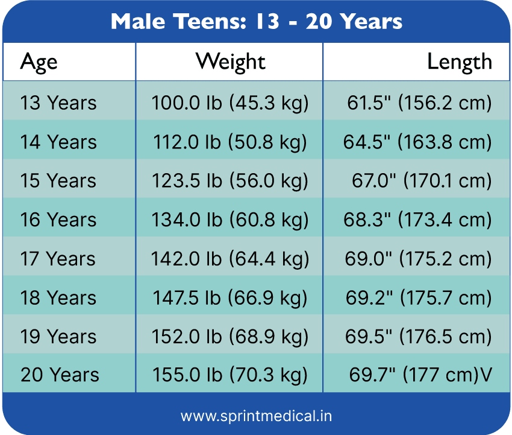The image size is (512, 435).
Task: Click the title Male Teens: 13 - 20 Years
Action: tap(257, 22)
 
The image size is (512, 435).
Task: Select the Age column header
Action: tap(39, 62)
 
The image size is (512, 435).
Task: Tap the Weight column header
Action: tap(230, 62)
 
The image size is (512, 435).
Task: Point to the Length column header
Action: tap(459, 62)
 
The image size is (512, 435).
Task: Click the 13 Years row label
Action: tap(58, 103)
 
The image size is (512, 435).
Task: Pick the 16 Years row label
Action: tap(58, 220)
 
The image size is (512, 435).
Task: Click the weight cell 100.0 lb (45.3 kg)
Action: tap(229, 103)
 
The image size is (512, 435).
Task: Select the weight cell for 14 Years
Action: tap(229, 142)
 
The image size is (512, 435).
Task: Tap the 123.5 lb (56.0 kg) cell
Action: tap(229, 181)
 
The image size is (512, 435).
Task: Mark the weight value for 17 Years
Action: tap(229, 259)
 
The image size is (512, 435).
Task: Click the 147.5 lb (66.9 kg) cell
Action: tap(229, 298)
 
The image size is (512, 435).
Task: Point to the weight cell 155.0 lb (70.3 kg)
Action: tap(229, 375)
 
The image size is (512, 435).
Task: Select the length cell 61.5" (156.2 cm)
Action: tap(419, 103)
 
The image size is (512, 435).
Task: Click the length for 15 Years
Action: tap(422, 181)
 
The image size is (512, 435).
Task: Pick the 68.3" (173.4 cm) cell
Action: tap(417, 220)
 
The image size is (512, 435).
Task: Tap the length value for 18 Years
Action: tap(418, 298)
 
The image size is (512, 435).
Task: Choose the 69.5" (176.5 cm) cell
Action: tap(418, 337)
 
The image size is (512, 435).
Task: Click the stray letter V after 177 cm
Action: tap(485, 375)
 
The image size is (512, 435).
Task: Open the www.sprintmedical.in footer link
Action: tap(256, 416)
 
